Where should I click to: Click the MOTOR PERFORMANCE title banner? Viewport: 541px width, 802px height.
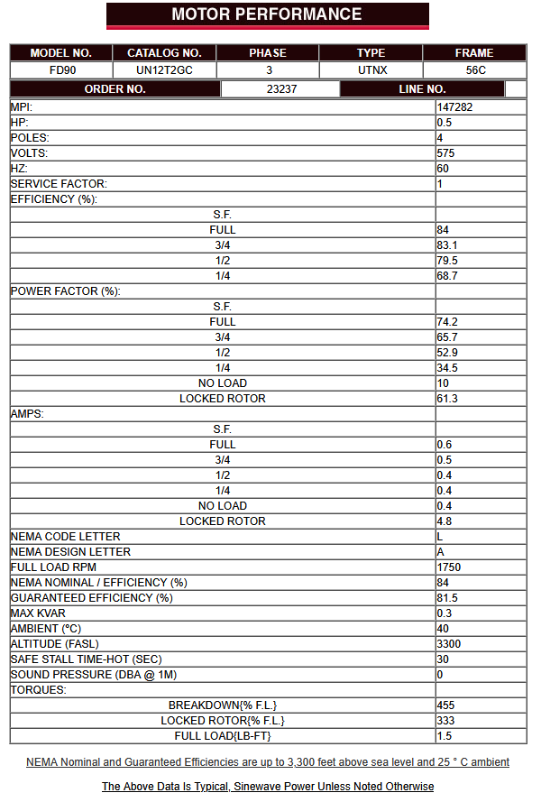pos(267,14)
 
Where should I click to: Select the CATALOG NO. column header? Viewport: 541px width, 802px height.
pos(164,53)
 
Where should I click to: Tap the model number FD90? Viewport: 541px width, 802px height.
pos(61,69)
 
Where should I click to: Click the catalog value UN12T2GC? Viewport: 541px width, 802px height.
pos(164,69)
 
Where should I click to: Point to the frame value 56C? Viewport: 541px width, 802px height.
pos(474,69)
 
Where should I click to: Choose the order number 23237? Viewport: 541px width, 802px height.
pos(281,89)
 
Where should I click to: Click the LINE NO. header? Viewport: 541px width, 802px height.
pos(422,89)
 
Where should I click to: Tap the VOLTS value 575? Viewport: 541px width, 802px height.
pos(445,153)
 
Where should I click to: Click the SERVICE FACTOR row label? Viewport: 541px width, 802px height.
pos(59,184)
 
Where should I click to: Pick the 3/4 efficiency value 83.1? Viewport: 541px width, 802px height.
pos(448,245)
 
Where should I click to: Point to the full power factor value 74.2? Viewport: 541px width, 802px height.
pos(448,322)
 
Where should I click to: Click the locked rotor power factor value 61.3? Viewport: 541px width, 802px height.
pos(448,399)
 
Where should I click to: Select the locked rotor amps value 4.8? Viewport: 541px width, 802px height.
pos(445,521)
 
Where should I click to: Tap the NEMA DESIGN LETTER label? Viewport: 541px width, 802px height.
pos(70,552)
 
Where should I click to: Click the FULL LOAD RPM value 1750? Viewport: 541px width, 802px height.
pos(449,567)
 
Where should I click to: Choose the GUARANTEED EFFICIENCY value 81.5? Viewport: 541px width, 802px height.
pos(448,598)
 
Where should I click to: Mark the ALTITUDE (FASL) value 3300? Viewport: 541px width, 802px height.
pos(449,644)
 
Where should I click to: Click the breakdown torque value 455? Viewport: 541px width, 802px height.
pos(445,705)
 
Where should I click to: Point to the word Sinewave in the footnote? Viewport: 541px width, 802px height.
pos(257,787)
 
